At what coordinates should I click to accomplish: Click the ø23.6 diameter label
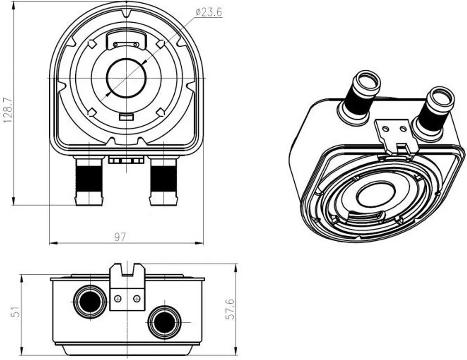[x=209, y=12]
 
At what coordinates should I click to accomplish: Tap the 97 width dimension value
[x=120, y=237]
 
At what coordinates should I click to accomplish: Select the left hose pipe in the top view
[x=89, y=182]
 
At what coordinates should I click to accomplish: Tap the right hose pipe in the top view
[x=164, y=182]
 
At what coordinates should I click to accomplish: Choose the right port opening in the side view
[x=164, y=322]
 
